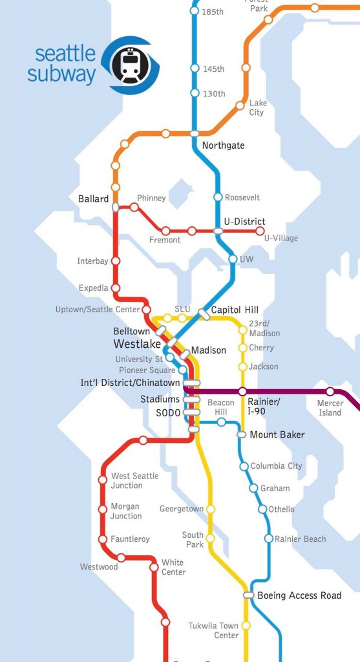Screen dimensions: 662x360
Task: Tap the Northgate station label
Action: pyautogui.click(x=223, y=145)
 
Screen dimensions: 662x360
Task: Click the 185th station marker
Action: pyautogui.click(x=195, y=11)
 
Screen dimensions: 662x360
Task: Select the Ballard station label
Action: pyautogui.click(x=93, y=199)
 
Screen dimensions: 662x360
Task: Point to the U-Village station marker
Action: pyautogui.click(x=260, y=231)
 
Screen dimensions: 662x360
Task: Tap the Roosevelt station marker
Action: pyautogui.click(x=218, y=197)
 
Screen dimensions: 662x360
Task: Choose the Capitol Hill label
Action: pyautogui.click(x=235, y=309)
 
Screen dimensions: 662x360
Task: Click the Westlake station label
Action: pyautogui.click(x=137, y=343)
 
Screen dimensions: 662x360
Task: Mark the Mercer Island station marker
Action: pyautogui.click(x=330, y=391)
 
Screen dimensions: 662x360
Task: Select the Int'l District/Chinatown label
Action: pyautogui.click(x=130, y=383)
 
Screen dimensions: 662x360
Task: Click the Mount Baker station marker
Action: pyautogui.click(x=242, y=434)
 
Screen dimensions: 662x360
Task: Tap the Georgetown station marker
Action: pyautogui.click(x=210, y=509)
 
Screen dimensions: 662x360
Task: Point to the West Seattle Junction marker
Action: pyautogui.click(x=102, y=480)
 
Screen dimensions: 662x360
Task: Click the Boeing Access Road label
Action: pyautogui.click(x=299, y=595)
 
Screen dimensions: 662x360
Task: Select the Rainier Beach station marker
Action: pyautogui.click(x=268, y=539)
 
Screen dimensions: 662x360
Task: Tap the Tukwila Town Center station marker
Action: pyautogui.click(x=246, y=626)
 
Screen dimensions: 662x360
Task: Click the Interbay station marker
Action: pyautogui.click(x=116, y=261)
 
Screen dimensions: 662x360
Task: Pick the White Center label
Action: pyautogui.click(x=173, y=567)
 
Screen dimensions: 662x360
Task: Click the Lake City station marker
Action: pyautogui.click(x=240, y=105)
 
